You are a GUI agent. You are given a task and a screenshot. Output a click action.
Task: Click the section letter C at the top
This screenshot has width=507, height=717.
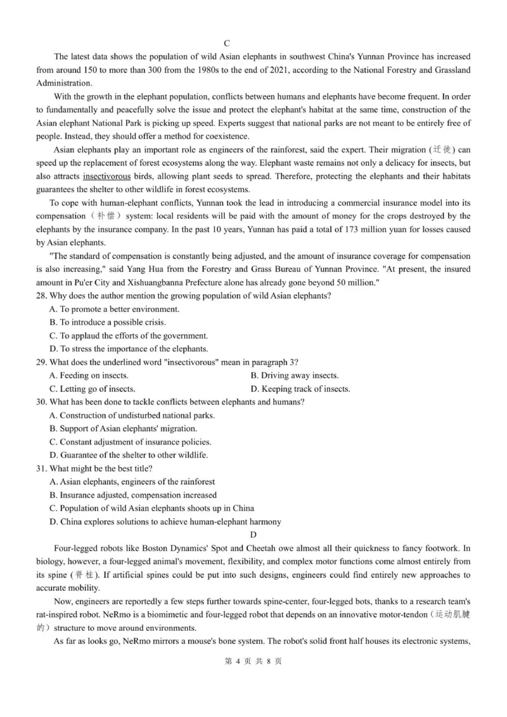(x=253, y=43)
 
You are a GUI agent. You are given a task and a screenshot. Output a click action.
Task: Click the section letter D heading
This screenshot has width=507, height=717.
(x=253, y=535)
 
